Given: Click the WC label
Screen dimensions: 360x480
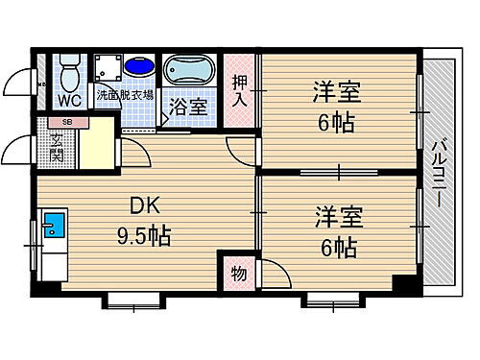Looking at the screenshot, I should [68, 99].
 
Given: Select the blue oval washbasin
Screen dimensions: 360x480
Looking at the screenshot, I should [139, 68].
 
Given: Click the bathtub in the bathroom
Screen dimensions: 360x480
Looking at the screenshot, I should [190, 72].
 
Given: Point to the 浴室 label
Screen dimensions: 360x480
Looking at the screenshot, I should [187, 106].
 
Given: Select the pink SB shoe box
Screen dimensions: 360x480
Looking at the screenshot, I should [65, 122].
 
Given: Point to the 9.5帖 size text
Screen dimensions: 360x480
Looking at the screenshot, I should [145, 235].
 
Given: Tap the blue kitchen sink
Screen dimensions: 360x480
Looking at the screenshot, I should [54, 229].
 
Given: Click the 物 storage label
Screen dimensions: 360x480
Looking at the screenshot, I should [238, 274].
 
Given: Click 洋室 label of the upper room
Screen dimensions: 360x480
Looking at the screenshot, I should [334, 93].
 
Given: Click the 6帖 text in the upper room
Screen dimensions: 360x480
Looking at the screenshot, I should [334, 125].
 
